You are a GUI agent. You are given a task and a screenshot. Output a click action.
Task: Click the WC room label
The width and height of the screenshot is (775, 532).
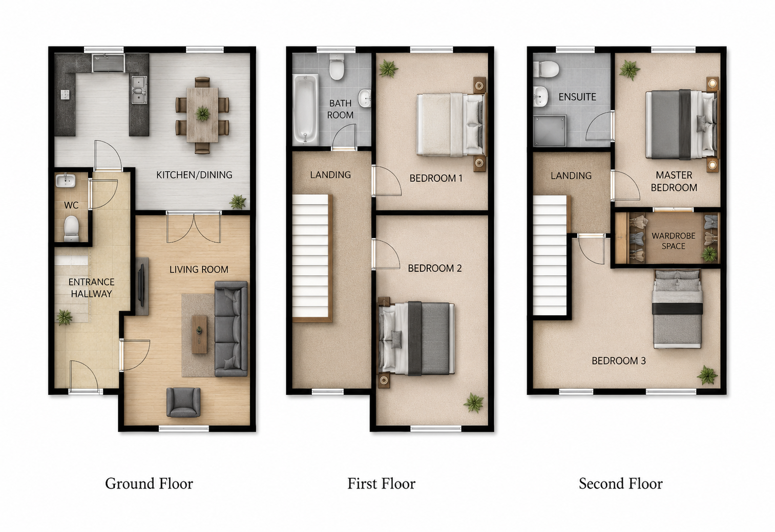click(71, 205)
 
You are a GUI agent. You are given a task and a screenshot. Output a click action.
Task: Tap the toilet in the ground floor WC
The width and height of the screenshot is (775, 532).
click(72, 228)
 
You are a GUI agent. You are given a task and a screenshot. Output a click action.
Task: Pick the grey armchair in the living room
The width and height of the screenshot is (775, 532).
click(183, 402)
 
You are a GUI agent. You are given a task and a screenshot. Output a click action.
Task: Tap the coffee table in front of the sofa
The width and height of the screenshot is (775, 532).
click(200, 334)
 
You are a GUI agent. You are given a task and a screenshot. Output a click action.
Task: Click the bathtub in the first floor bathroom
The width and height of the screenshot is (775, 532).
click(305, 109)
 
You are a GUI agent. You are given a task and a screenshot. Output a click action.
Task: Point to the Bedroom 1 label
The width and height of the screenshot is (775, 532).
click(436, 178)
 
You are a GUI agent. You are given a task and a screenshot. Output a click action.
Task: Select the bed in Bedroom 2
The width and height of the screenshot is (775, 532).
click(416, 338)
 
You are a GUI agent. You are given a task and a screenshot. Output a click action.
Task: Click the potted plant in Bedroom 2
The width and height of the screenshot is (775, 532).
click(473, 402)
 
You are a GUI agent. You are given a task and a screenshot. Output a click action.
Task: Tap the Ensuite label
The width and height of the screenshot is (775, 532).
click(577, 97)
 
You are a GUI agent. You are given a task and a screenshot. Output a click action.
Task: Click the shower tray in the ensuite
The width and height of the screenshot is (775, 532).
click(550, 131)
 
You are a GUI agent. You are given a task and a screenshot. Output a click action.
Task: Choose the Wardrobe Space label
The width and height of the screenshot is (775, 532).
click(673, 241)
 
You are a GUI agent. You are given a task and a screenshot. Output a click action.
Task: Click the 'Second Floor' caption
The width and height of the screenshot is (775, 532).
click(621, 483)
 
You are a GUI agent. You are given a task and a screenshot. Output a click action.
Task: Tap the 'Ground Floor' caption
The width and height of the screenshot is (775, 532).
click(149, 483)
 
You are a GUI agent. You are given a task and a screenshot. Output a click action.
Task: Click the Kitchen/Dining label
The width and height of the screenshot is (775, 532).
click(194, 175)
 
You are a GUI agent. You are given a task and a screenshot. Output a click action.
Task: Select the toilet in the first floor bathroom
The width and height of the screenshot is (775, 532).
click(337, 67)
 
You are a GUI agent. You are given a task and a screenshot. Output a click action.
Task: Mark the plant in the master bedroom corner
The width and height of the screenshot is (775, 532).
click(629, 70)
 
